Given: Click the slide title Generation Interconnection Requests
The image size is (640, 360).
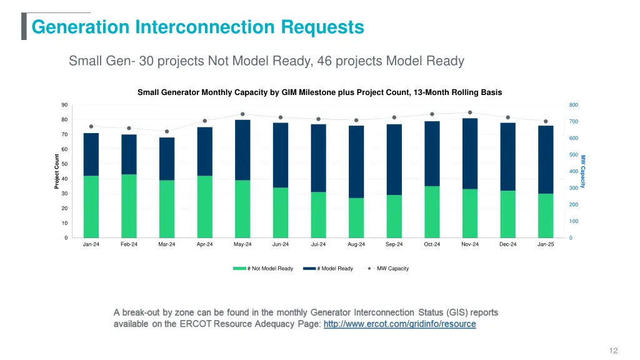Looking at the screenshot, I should point(197,27).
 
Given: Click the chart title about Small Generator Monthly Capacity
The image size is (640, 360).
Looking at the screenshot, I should point(319,92).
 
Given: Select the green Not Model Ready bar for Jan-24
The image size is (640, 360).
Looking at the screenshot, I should point(91,206).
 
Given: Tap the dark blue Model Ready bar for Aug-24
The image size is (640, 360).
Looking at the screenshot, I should point(356,162).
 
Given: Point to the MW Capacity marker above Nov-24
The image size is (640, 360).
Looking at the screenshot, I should point(470,112).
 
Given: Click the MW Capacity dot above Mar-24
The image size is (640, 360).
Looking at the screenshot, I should point(167,131).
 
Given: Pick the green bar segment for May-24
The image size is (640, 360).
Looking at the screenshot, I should point(242,209).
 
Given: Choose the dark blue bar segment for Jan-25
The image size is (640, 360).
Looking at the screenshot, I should point(546,159).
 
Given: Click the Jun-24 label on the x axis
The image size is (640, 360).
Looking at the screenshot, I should point(281,244).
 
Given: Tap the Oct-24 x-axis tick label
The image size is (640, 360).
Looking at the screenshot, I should point(432,244).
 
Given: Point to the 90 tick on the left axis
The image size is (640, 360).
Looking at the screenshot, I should point(64,105).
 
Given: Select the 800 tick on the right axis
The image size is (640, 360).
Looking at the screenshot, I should point(574,105).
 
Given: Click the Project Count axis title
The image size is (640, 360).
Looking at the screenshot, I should point(57,171).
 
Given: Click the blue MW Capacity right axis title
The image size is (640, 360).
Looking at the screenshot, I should point(583,171).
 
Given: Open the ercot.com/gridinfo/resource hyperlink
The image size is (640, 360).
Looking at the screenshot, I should point(399,324).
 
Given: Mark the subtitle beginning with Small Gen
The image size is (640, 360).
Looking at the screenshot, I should point(266,61).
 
